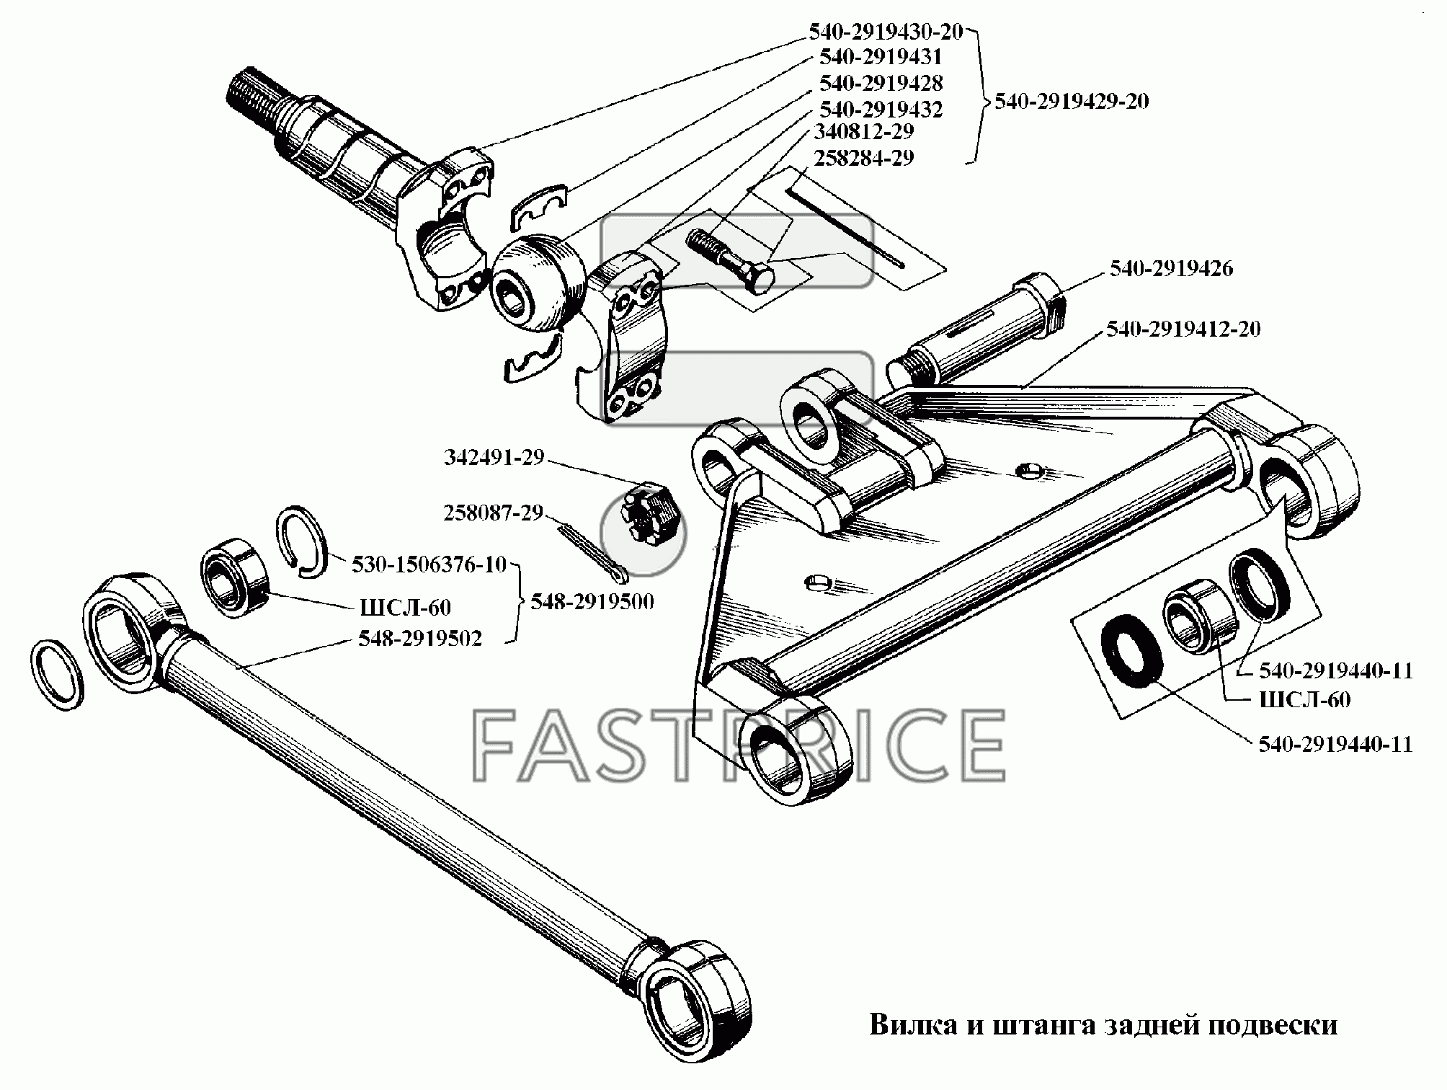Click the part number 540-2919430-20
(x=886, y=31)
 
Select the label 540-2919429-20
(x=1072, y=101)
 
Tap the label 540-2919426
(x=1171, y=268)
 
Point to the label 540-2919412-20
(x=1183, y=329)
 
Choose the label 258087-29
(x=493, y=513)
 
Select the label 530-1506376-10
(x=429, y=564)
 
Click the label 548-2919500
(x=592, y=601)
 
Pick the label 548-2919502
(x=419, y=638)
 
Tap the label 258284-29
(x=864, y=157)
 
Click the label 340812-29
(x=864, y=131)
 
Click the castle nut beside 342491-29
(x=650, y=513)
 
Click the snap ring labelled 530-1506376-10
(x=302, y=541)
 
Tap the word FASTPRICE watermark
(x=739, y=744)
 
